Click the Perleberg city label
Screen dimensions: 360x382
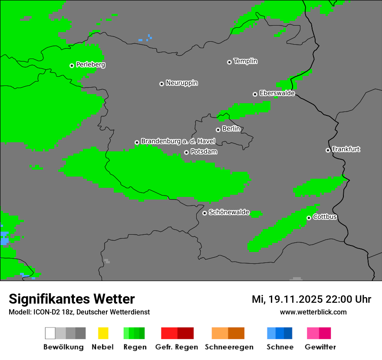coord(90,65)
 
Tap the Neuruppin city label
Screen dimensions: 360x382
coord(181,83)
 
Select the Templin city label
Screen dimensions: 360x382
coord(245,61)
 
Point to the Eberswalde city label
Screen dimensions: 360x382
coord(277,93)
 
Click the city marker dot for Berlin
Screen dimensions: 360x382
coord(218,130)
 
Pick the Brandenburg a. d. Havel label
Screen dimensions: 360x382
coord(178,141)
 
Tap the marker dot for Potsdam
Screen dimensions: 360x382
coord(186,152)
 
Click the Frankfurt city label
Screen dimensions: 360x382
coord(346,149)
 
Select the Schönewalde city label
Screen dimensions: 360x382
coord(229,213)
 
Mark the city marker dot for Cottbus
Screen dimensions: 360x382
coord(309,218)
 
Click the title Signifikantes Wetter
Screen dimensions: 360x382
coord(72,299)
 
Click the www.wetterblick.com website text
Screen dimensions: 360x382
coord(313,312)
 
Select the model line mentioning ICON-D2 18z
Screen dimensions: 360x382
coord(79,312)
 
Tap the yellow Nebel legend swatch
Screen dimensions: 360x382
coord(103,333)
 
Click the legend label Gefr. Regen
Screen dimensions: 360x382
coord(177,347)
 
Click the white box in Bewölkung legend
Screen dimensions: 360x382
coord(50,333)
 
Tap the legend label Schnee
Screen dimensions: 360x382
coord(280,347)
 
